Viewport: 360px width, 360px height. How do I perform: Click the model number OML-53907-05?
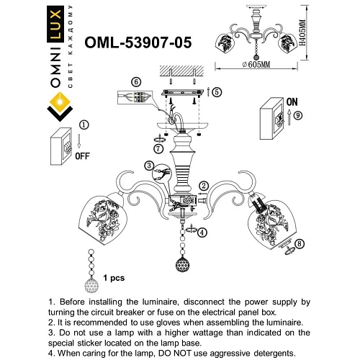(136, 42)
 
